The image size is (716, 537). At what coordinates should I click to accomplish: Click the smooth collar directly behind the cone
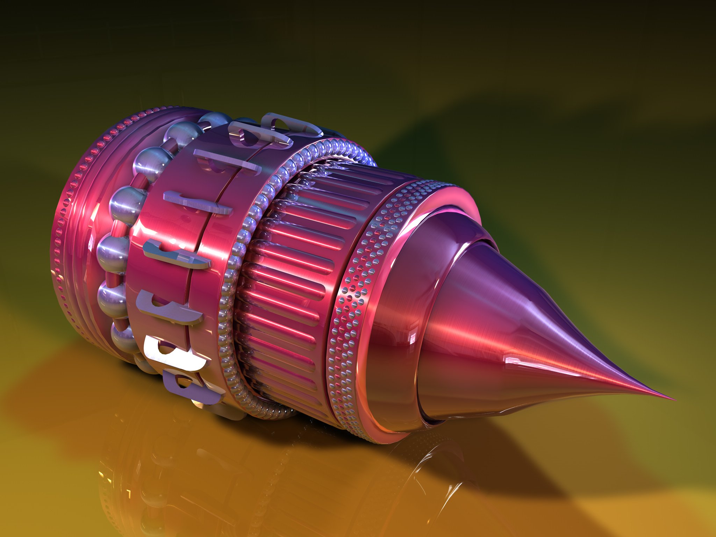pyautogui.click(x=392, y=332)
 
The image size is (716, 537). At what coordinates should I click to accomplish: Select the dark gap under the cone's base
pyautogui.click(x=434, y=421)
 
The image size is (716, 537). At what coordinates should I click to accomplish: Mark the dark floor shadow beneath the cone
pyautogui.click(x=507, y=454)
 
